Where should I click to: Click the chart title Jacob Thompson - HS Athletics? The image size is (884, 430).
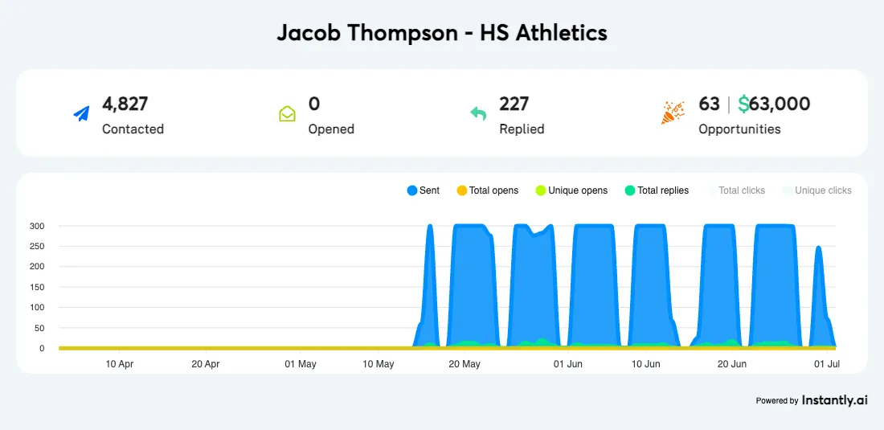442,33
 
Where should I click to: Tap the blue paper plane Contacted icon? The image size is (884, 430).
81,114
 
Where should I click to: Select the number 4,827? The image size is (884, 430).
125,104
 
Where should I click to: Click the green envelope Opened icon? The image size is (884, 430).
287,114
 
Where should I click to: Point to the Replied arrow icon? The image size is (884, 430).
478,114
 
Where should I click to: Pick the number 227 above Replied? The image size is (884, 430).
514,104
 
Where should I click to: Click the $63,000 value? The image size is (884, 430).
774,104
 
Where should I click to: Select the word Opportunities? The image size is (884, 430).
739,129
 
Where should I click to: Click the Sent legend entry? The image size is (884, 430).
424,190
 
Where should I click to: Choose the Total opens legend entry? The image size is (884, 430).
487,190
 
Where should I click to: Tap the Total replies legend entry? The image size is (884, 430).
657,190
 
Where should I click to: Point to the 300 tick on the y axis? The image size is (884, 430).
37,226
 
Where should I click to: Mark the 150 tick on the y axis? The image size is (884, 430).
37,287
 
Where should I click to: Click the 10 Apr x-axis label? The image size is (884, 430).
120,364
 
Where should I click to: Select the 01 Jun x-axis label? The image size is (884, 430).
568,364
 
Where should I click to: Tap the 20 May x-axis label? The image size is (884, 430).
465,364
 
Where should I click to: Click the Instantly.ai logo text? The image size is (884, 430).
834,399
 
